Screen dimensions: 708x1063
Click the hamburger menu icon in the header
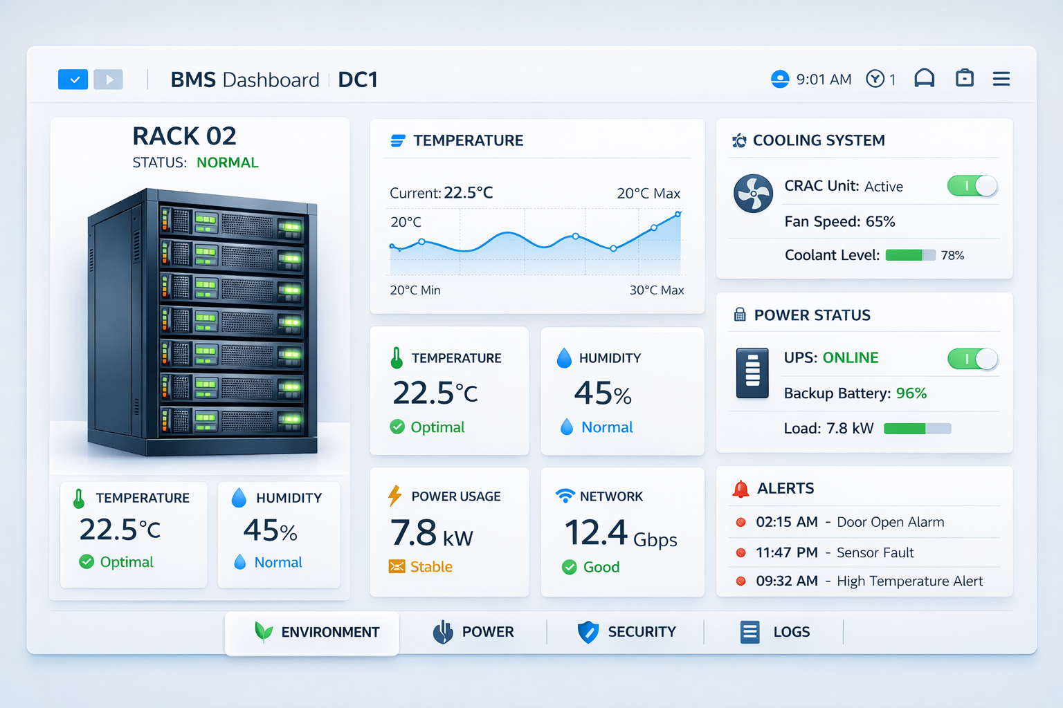(x=1001, y=79)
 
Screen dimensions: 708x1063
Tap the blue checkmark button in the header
(x=73, y=80)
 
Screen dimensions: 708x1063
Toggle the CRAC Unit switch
(x=972, y=186)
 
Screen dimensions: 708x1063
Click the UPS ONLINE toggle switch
(x=972, y=359)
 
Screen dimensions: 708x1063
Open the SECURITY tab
(x=627, y=632)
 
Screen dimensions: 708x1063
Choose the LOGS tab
(x=775, y=632)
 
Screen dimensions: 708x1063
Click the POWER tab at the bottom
(x=474, y=632)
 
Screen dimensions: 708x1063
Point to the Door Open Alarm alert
(x=890, y=522)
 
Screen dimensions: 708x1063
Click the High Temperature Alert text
(x=909, y=581)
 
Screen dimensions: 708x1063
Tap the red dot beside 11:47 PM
(x=741, y=552)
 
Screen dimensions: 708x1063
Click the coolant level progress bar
(x=910, y=255)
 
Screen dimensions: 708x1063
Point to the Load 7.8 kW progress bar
(x=917, y=429)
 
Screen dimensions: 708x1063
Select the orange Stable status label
(x=431, y=567)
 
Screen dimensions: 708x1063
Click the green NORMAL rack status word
(x=227, y=162)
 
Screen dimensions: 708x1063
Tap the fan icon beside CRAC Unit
(x=753, y=193)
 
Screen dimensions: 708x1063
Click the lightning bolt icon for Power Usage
(x=394, y=496)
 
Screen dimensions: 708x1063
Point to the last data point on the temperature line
(x=678, y=214)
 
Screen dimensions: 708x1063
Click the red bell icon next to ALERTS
(x=741, y=489)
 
